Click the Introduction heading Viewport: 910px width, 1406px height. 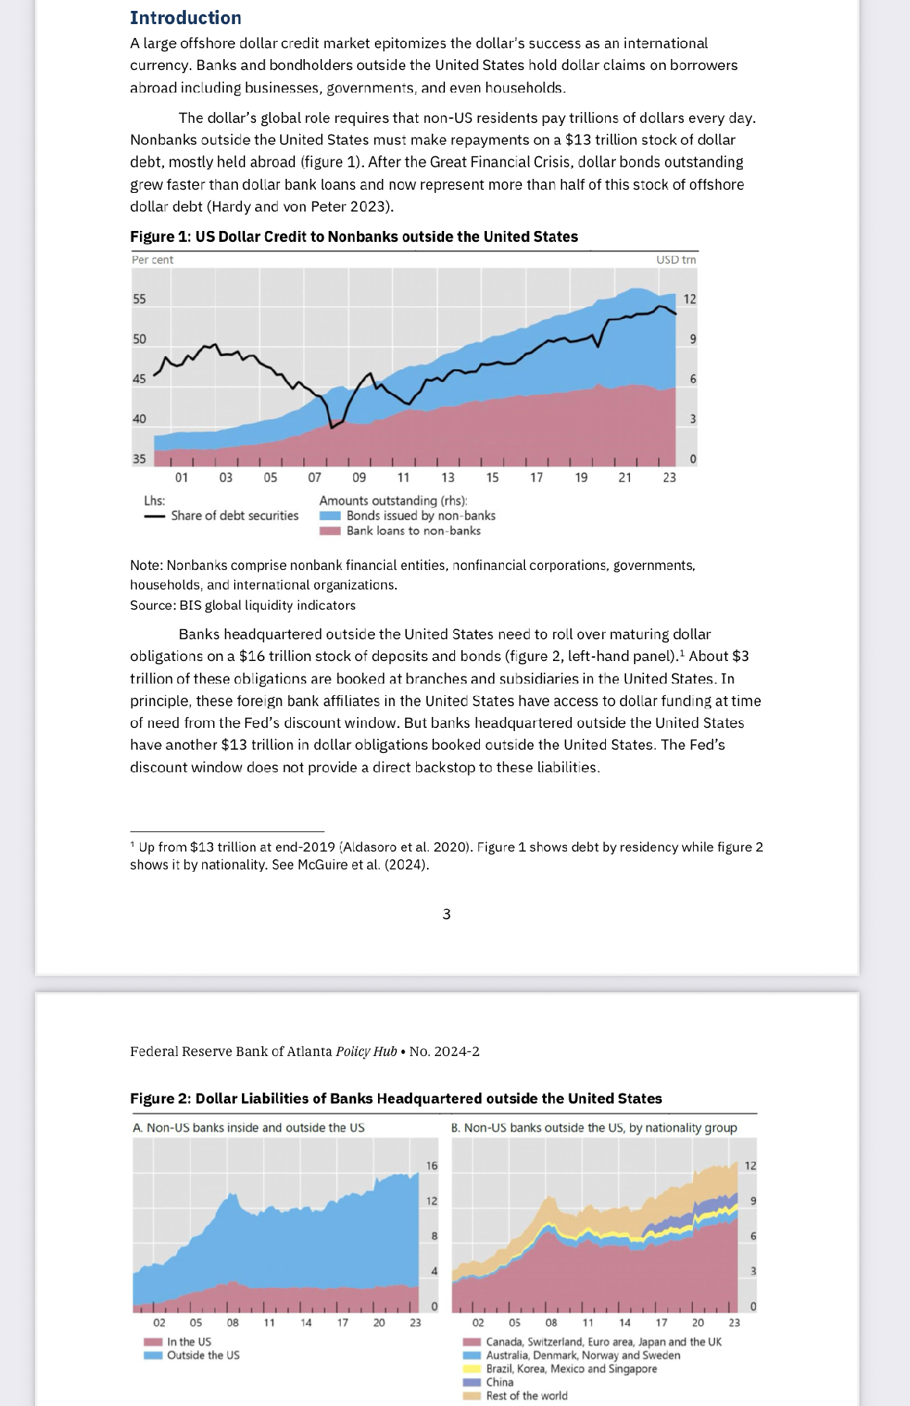click(x=185, y=18)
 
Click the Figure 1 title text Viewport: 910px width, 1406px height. click(x=354, y=236)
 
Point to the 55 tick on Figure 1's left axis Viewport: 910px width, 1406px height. click(x=139, y=299)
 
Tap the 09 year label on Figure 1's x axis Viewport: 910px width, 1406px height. click(x=359, y=477)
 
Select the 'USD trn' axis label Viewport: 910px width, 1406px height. click(x=676, y=260)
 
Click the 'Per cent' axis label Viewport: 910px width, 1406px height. click(x=152, y=260)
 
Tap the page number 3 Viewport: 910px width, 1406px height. click(x=446, y=915)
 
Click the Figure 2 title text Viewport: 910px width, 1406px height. click(x=396, y=1099)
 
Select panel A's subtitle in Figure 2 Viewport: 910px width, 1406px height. click(x=249, y=1128)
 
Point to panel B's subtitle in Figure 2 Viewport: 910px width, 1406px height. click(x=594, y=1128)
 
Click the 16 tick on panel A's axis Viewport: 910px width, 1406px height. click(x=432, y=1166)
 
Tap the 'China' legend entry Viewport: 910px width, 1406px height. click(x=499, y=1383)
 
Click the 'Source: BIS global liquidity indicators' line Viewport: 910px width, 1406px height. click(x=243, y=605)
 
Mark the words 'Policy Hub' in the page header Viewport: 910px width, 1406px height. click(x=366, y=1051)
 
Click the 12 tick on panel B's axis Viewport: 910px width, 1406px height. click(x=751, y=1166)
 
